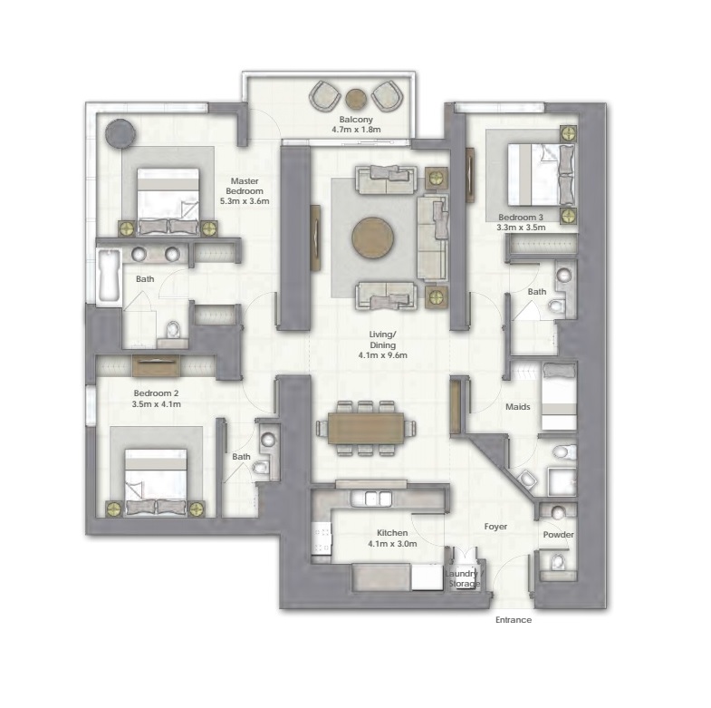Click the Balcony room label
click(x=356, y=120)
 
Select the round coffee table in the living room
click(x=373, y=238)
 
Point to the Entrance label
click(x=513, y=620)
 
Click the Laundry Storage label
click(x=465, y=578)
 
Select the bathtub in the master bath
click(x=109, y=277)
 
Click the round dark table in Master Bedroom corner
click(x=120, y=133)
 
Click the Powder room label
click(x=558, y=535)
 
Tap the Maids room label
click(x=518, y=407)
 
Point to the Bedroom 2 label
click(x=158, y=393)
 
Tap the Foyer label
click(x=495, y=527)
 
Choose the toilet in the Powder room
click(x=558, y=563)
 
